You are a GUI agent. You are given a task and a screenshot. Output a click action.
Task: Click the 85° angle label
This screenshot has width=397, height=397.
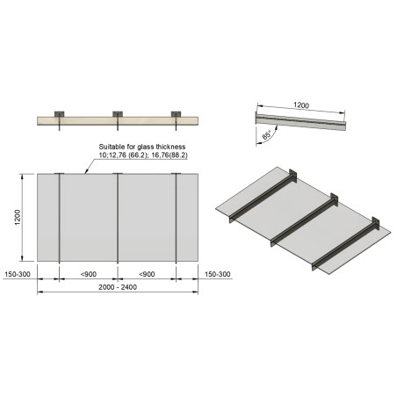point(264,136)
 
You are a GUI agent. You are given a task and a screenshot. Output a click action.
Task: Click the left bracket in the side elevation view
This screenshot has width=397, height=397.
point(59,117)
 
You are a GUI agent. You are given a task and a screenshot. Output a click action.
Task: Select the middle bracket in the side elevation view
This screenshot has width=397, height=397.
point(118,117)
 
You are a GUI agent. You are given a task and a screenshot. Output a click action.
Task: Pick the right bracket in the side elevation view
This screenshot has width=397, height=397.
point(176,117)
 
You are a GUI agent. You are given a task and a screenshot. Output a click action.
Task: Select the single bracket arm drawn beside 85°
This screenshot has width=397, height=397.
point(303,120)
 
